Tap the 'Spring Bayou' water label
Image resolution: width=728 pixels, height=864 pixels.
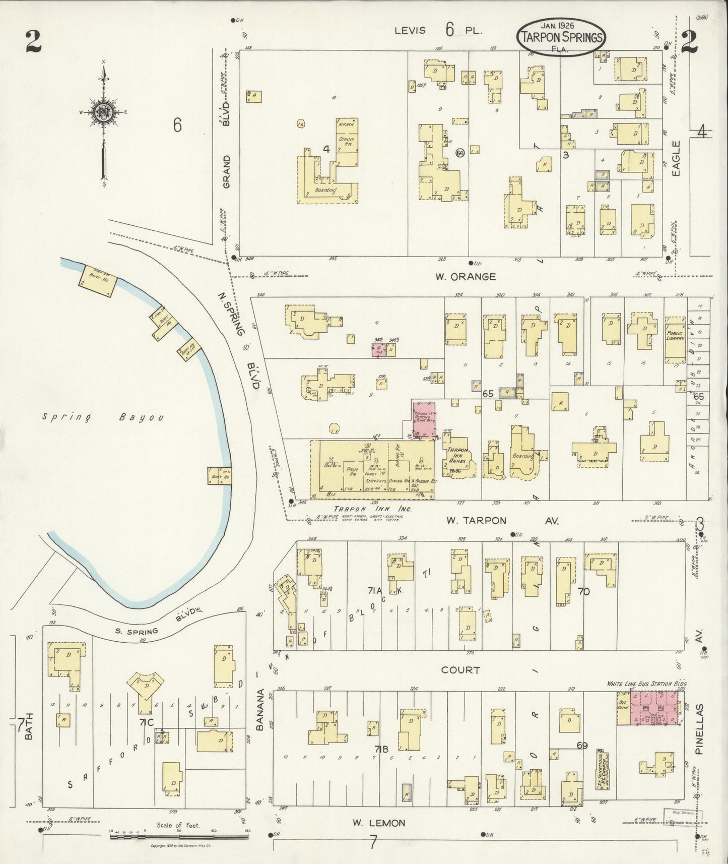pyautogui.click(x=103, y=417)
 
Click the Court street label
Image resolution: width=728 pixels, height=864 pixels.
pyautogui.click(x=460, y=670)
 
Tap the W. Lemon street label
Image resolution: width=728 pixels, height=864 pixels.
pyautogui.click(x=378, y=823)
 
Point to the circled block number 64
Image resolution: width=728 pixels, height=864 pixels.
pyautogui.click(x=459, y=152)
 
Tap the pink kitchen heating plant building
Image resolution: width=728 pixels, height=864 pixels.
pyautogui.click(x=424, y=421)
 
